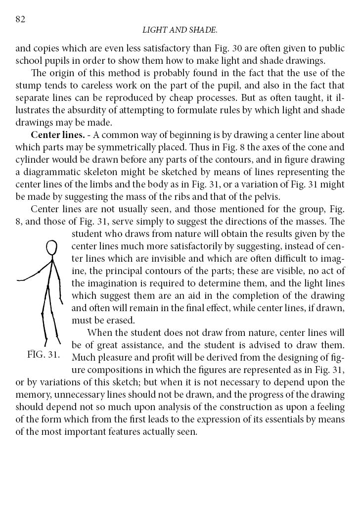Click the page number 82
(x=20, y=19)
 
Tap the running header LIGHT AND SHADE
(x=180, y=30)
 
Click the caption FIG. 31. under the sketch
(x=44, y=355)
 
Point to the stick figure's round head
(x=51, y=247)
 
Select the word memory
(x=34, y=394)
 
